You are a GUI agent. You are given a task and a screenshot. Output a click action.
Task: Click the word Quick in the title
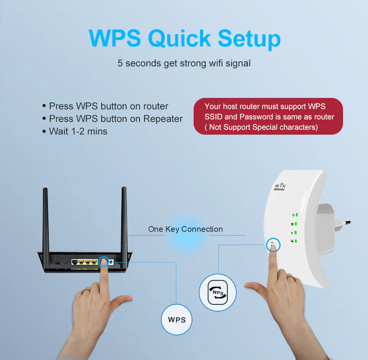(179, 38)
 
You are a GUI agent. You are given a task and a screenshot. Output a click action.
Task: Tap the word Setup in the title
(249, 38)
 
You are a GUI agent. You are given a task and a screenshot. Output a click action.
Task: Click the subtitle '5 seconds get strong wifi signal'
(184, 63)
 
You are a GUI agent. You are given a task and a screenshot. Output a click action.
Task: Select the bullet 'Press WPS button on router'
(108, 106)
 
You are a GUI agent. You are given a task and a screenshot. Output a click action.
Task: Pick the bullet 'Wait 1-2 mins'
(78, 131)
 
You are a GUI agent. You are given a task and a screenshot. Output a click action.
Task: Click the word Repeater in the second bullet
(163, 119)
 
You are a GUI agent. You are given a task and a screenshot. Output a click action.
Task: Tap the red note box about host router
(268, 116)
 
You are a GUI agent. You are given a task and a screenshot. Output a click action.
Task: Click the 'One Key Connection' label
(186, 229)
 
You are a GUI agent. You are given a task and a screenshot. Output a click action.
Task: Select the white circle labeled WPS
(177, 319)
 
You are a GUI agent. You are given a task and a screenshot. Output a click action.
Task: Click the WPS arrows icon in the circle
(218, 292)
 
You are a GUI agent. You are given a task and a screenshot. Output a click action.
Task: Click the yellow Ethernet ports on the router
(87, 262)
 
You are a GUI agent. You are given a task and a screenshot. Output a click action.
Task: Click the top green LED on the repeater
(296, 215)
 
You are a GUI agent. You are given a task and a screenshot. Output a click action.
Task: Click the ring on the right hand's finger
(290, 277)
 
